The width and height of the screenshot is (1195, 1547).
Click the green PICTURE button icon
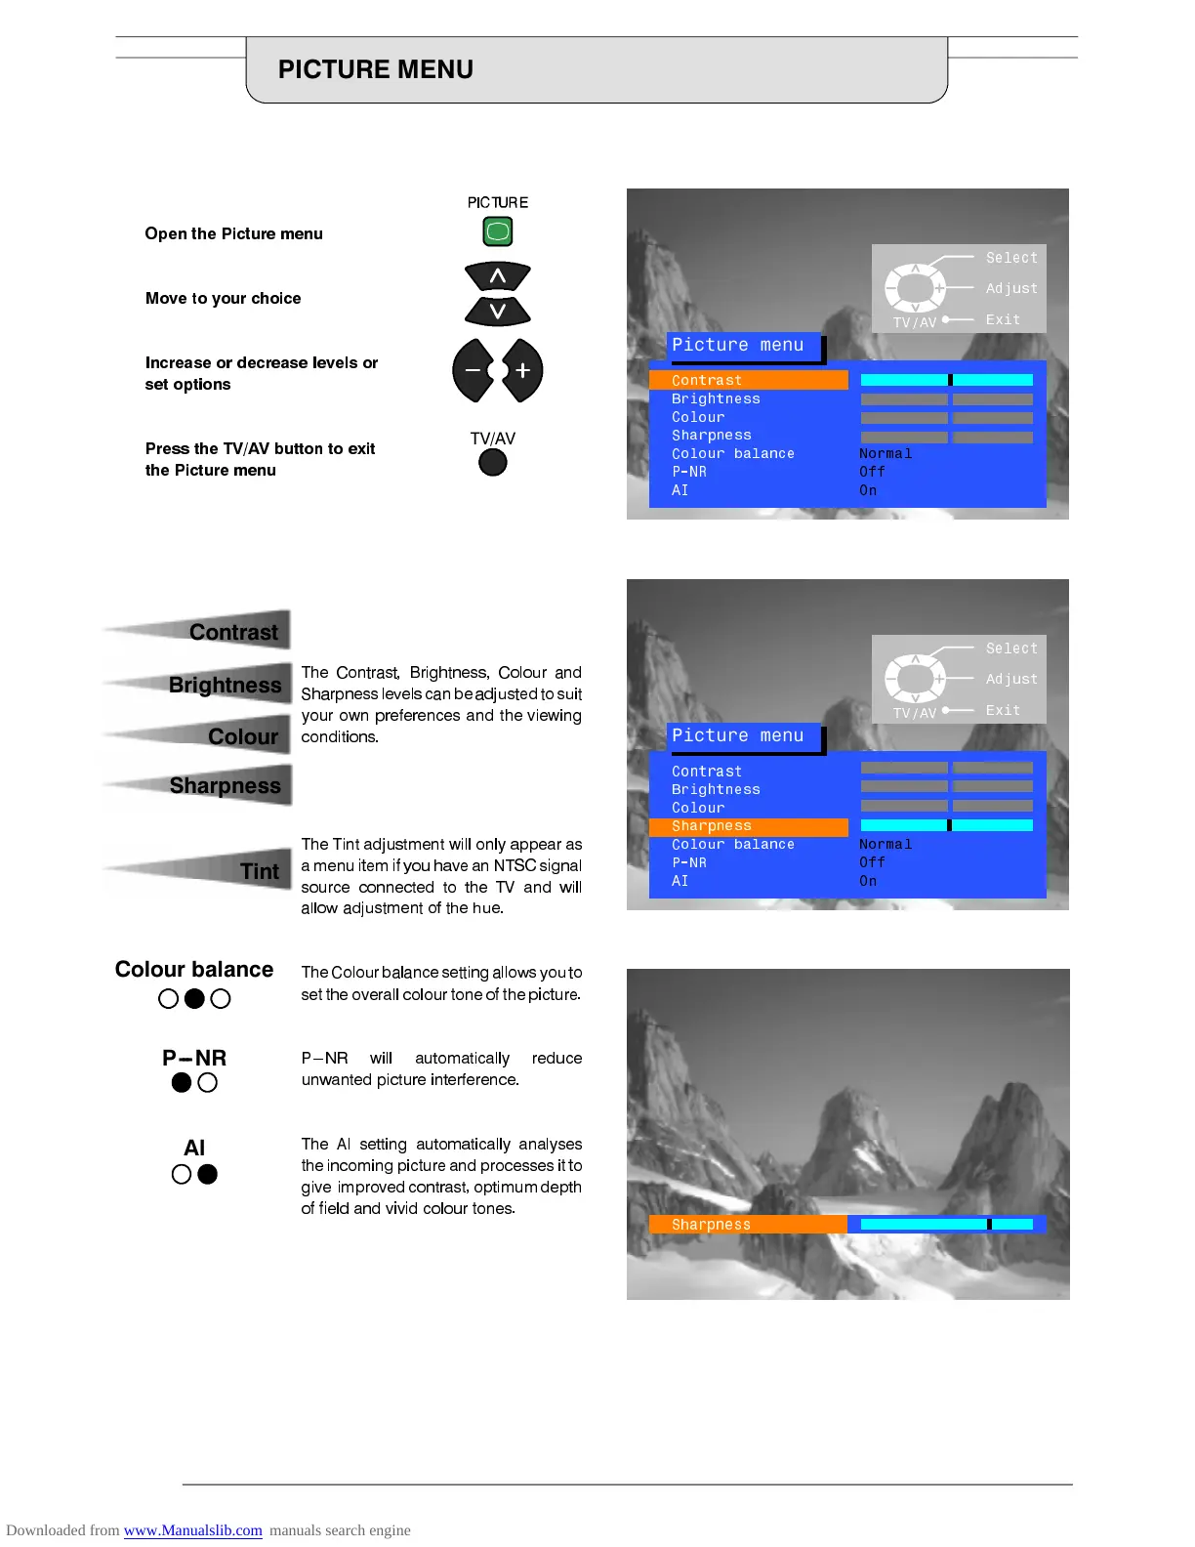(x=498, y=232)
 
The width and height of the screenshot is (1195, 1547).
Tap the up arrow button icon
(x=498, y=276)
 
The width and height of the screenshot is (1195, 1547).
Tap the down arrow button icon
(x=498, y=312)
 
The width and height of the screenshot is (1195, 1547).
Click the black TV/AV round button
(x=493, y=462)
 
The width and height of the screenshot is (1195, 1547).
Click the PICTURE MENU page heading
(x=376, y=69)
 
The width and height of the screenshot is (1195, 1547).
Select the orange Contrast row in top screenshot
(x=748, y=380)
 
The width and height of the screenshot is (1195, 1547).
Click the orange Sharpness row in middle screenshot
(x=748, y=826)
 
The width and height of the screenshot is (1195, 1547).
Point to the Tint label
(x=260, y=871)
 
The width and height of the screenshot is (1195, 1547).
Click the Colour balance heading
(x=194, y=969)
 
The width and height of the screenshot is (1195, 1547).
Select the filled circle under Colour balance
(x=194, y=998)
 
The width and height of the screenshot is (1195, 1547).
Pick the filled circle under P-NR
(x=182, y=1082)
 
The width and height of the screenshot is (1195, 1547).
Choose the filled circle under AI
(x=207, y=1174)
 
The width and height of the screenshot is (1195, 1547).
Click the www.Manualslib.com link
(x=193, y=1530)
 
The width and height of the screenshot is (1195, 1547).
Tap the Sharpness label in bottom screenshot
(x=712, y=1225)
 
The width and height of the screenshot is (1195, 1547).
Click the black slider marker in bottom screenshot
(x=989, y=1224)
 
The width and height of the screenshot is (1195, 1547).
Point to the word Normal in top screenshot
(x=886, y=453)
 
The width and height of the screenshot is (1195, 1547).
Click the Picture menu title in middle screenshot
(x=738, y=735)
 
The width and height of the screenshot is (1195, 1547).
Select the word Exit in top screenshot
(x=1003, y=319)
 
